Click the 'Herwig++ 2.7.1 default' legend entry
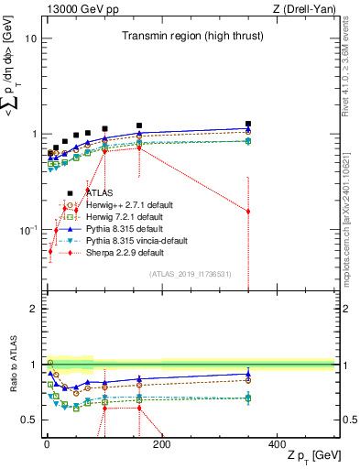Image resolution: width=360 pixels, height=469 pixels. [129, 205]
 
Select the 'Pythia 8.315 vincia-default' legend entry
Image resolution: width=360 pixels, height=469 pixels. [136, 241]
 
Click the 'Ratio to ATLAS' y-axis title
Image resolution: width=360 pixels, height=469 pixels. [12, 365]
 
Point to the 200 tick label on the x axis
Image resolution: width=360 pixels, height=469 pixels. [161, 445]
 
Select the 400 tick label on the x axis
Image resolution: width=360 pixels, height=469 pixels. [277, 445]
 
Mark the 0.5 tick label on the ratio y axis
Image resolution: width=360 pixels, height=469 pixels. [28, 420]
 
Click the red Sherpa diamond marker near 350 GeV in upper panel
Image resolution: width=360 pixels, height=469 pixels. [247, 212]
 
